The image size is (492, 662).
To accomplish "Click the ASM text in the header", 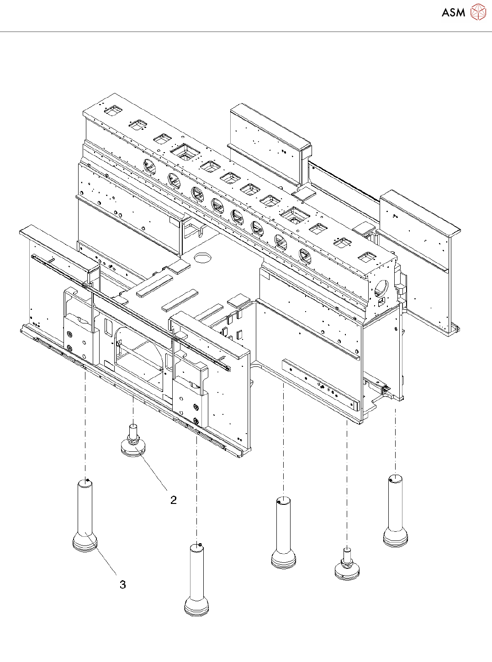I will pyautogui.click(x=453, y=12).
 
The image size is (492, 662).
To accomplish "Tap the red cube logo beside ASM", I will pyautogui.click(x=478, y=12).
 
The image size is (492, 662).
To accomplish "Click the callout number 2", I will pyautogui.click(x=173, y=500).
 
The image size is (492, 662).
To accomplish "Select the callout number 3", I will pyautogui.click(x=122, y=584).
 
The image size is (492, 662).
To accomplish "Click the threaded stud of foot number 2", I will pyautogui.click(x=133, y=431).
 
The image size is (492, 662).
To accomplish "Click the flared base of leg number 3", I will pyautogui.click(x=85, y=543).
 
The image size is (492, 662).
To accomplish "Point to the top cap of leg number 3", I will pyautogui.click(x=85, y=482).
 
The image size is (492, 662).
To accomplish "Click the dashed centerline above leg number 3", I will pyautogui.click(x=85, y=425).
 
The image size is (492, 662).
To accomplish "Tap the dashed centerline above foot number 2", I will pyautogui.click(x=133, y=409).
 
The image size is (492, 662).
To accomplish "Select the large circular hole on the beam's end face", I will pyautogui.click(x=380, y=288).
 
